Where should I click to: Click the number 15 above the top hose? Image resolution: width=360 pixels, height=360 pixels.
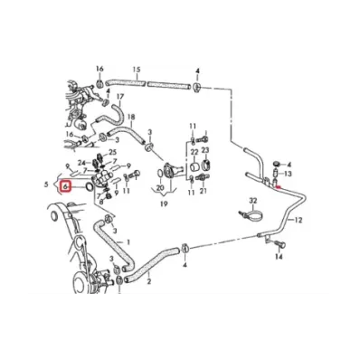[137, 70]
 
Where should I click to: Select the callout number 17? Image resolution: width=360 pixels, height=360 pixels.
[120, 97]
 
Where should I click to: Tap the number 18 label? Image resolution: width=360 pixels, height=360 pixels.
[131, 117]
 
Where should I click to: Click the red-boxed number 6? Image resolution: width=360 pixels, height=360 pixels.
[66, 186]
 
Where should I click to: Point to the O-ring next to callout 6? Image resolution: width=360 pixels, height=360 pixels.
[89, 186]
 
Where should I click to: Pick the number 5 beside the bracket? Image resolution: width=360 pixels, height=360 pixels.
[46, 185]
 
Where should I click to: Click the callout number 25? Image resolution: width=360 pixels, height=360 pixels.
[112, 152]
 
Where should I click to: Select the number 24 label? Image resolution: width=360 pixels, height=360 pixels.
[81, 163]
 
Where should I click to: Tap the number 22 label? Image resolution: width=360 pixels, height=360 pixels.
[194, 152]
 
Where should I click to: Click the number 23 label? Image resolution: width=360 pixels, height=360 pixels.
[205, 150]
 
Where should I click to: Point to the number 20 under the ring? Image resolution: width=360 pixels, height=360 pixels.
[160, 188]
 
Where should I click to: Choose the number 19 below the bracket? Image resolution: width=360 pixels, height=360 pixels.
[164, 204]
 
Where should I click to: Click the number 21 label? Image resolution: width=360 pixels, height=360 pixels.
[204, 191]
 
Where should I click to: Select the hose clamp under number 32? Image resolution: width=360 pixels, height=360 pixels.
[250, 214]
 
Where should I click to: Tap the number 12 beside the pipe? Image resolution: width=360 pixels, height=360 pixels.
[298, 221]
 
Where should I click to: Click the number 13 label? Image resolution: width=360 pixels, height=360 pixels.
[288, 174]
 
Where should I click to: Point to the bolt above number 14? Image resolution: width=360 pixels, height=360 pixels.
[280, 244]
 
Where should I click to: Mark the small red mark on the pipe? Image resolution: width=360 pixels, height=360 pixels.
[279, 187]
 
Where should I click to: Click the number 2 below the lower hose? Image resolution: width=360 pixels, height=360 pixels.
[149, 281]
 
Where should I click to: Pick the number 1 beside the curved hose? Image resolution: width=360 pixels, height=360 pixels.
[128, 242]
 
